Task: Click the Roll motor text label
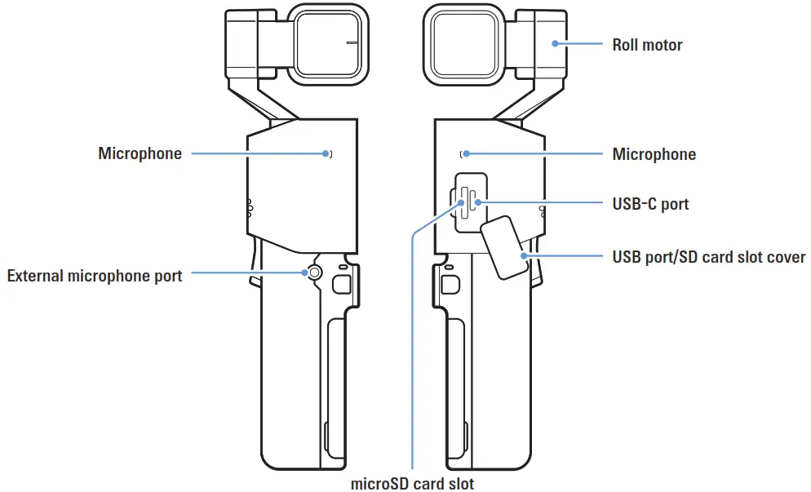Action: pyautogui.click(x=647, y=45)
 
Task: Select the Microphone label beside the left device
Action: pyautogui.click(x=140, y=153)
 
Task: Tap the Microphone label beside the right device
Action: pyautogui.click(x=654, y=154)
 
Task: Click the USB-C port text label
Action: pyautogui.click(x=650, y=203)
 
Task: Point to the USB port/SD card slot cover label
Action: pyautogui.click(x=708, y=257)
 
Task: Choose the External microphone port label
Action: pyautogui.click(x=95, y=276)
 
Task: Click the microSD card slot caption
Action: pyautogui.click(x=412, y=483)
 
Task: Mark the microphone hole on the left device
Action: pyautogui.click(x=328, y=153)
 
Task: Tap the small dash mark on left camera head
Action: pyautogui.click(x=352, y=42)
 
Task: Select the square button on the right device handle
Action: pyautogui.click(x=448, y=283)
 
